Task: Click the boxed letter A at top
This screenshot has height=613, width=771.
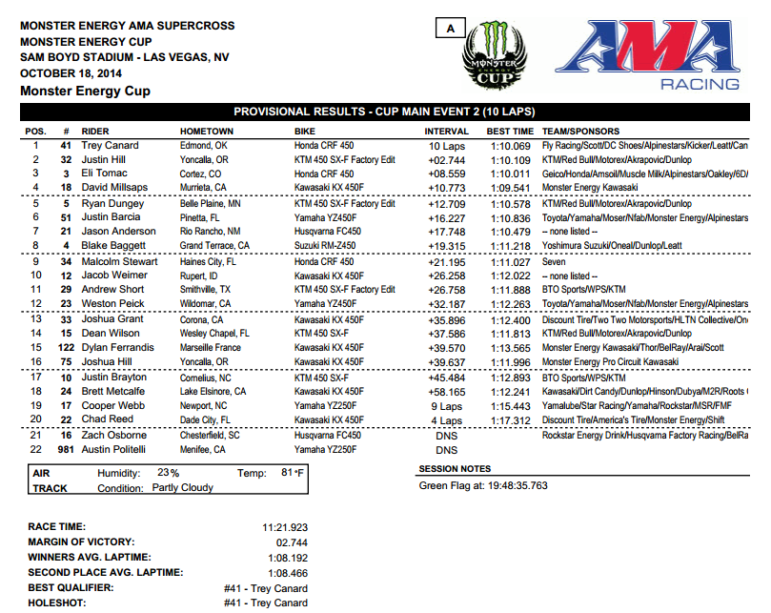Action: [x=447, y=29]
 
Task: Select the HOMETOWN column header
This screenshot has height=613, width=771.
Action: [x=207, y=132]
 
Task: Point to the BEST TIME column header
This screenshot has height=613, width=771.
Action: [x=510, y=132]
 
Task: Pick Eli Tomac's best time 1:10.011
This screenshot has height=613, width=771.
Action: [x=510, y=174]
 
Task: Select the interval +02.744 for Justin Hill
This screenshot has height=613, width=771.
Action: [x=446, y=160]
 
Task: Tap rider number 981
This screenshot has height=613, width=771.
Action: [x=66, y=449]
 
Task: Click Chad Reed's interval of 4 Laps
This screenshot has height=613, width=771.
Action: [x=446, y=419]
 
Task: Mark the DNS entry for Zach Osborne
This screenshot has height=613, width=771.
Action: [x=446, y=436]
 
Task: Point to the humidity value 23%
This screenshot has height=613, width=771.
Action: [x=169, y=472]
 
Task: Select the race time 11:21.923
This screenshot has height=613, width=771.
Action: [x=285, y=526]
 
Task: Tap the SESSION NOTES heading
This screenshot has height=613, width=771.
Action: [x=456, y=469]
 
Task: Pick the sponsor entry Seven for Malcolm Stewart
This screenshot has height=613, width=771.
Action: [x=553, y=261]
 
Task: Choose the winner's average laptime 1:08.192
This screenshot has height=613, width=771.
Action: [x=285, y=557]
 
